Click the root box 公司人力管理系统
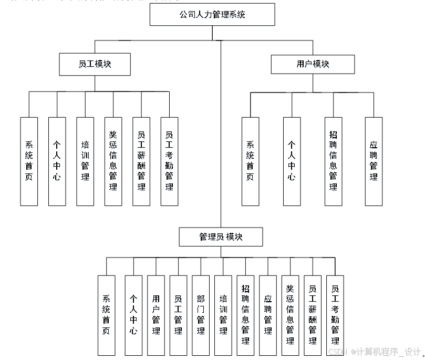pyautogui.click(x=212, y=15)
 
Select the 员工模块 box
pyautogui.click(x=95, y=64)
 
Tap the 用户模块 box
pyautogui.click(x=313, y=64)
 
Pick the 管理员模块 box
pyautogui.click(x=221, y=237)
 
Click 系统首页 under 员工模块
pyautogui.click(x=29, y=161)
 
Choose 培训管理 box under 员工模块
pyautogui.click(x=85, y=161)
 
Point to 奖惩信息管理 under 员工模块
pyautogui.click(x=113, y=161)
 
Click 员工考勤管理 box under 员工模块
pyautogui.click(x=169, y=161)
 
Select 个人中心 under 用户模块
pyautogui.click(x=292, y=161)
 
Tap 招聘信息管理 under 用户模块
pyautogui.click(x=333, y=161)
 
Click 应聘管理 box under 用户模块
pyautogui.click(x=374, y=161)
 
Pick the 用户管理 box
pyautogui.click(x=156, y=315)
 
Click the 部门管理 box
pyautogui.click(x=201, y=315)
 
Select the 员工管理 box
pyautogui.click(x=178, y=315)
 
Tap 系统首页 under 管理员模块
pyautogui.click(x=106, y=315)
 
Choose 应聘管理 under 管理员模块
pyautogui.click(x=268, y=315)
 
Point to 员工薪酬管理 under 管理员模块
pyautogui.click(x=313, y=315)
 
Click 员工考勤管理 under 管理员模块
pyautogui.click(x=335, y=315)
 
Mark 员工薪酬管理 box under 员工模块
pyautogui.click(x=141, y=161)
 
